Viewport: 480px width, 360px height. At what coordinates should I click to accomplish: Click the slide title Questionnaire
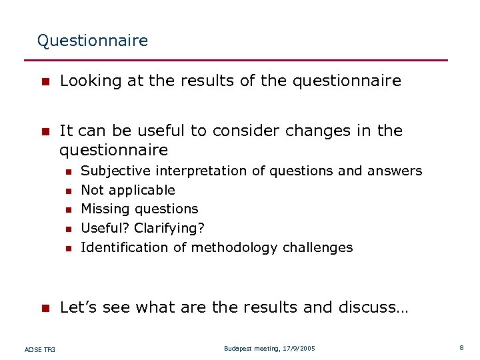click(x=93, y=41)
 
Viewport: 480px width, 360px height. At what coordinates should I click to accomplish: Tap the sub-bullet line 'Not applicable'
click(x=127, y=190)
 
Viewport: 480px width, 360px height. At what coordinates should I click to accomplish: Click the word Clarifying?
click(x=169, y=229)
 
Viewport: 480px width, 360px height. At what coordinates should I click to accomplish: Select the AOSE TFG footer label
click(x=40, y=349)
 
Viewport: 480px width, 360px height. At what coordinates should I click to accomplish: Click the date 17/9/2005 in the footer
click(x=299, y=349)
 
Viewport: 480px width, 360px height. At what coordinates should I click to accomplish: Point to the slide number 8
click(x=461, y=348)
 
